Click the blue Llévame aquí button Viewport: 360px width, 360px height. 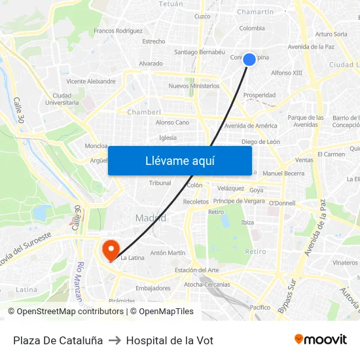179,160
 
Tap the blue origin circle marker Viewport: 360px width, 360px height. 249,60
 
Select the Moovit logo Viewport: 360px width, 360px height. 320,340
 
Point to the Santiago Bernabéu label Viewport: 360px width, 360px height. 200,52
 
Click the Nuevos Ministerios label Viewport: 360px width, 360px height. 194,86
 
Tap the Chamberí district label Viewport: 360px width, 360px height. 144,112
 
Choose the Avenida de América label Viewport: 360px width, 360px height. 251,126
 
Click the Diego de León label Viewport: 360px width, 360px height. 261,141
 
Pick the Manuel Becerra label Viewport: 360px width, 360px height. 283,173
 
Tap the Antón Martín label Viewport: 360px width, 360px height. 168,253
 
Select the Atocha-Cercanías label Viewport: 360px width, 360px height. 207,285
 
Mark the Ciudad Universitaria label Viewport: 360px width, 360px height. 67,99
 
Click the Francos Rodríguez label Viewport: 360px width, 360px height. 118,31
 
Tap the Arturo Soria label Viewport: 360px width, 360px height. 331,34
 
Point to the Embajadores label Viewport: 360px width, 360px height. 153,288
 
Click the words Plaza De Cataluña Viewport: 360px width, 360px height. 58,340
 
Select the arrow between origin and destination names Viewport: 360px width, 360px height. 115,340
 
